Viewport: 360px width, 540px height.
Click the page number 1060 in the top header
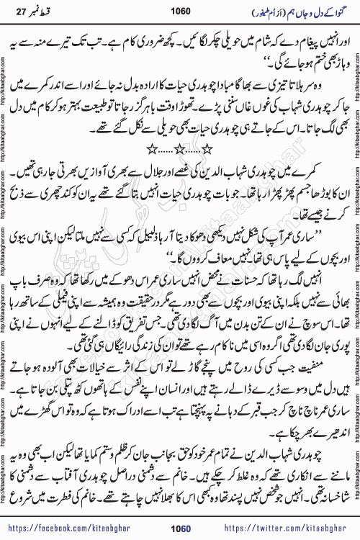180,9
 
